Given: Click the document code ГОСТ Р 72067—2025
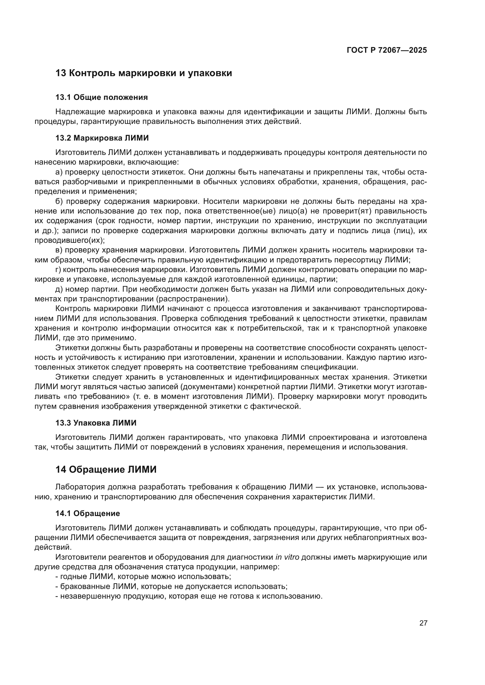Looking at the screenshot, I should [387, 50].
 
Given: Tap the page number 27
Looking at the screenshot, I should [423, 623].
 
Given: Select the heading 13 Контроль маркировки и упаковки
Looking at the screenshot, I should [144, 73].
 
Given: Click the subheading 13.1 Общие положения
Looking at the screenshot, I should [101, 97].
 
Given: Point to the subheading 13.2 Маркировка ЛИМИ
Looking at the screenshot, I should [102, 138].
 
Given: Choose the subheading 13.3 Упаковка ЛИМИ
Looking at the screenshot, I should [96, 423].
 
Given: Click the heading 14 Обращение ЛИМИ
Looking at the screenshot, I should [106, 469].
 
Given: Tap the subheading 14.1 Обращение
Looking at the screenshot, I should [87, 513].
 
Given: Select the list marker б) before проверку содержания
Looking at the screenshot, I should [59, 201].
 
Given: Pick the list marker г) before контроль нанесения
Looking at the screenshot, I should [58, 270].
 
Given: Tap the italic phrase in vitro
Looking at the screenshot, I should [287, 557].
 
